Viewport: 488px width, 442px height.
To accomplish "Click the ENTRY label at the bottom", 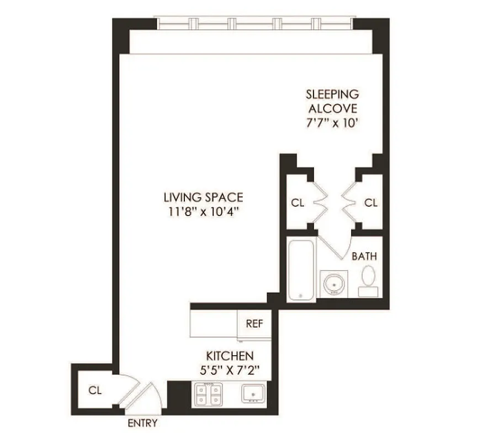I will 142,424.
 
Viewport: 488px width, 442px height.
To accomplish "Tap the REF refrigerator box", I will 254,324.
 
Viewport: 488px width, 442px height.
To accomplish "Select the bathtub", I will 301,271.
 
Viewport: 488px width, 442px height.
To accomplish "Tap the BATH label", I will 364,256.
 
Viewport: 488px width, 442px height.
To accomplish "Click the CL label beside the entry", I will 96,390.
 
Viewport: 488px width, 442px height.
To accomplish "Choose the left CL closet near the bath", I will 298,203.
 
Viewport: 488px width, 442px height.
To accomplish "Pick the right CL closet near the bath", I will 371,203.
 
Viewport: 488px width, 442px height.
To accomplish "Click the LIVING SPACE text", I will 203,197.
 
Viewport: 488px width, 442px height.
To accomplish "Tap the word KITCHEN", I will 230,355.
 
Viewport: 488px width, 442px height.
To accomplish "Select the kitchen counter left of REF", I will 213,323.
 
